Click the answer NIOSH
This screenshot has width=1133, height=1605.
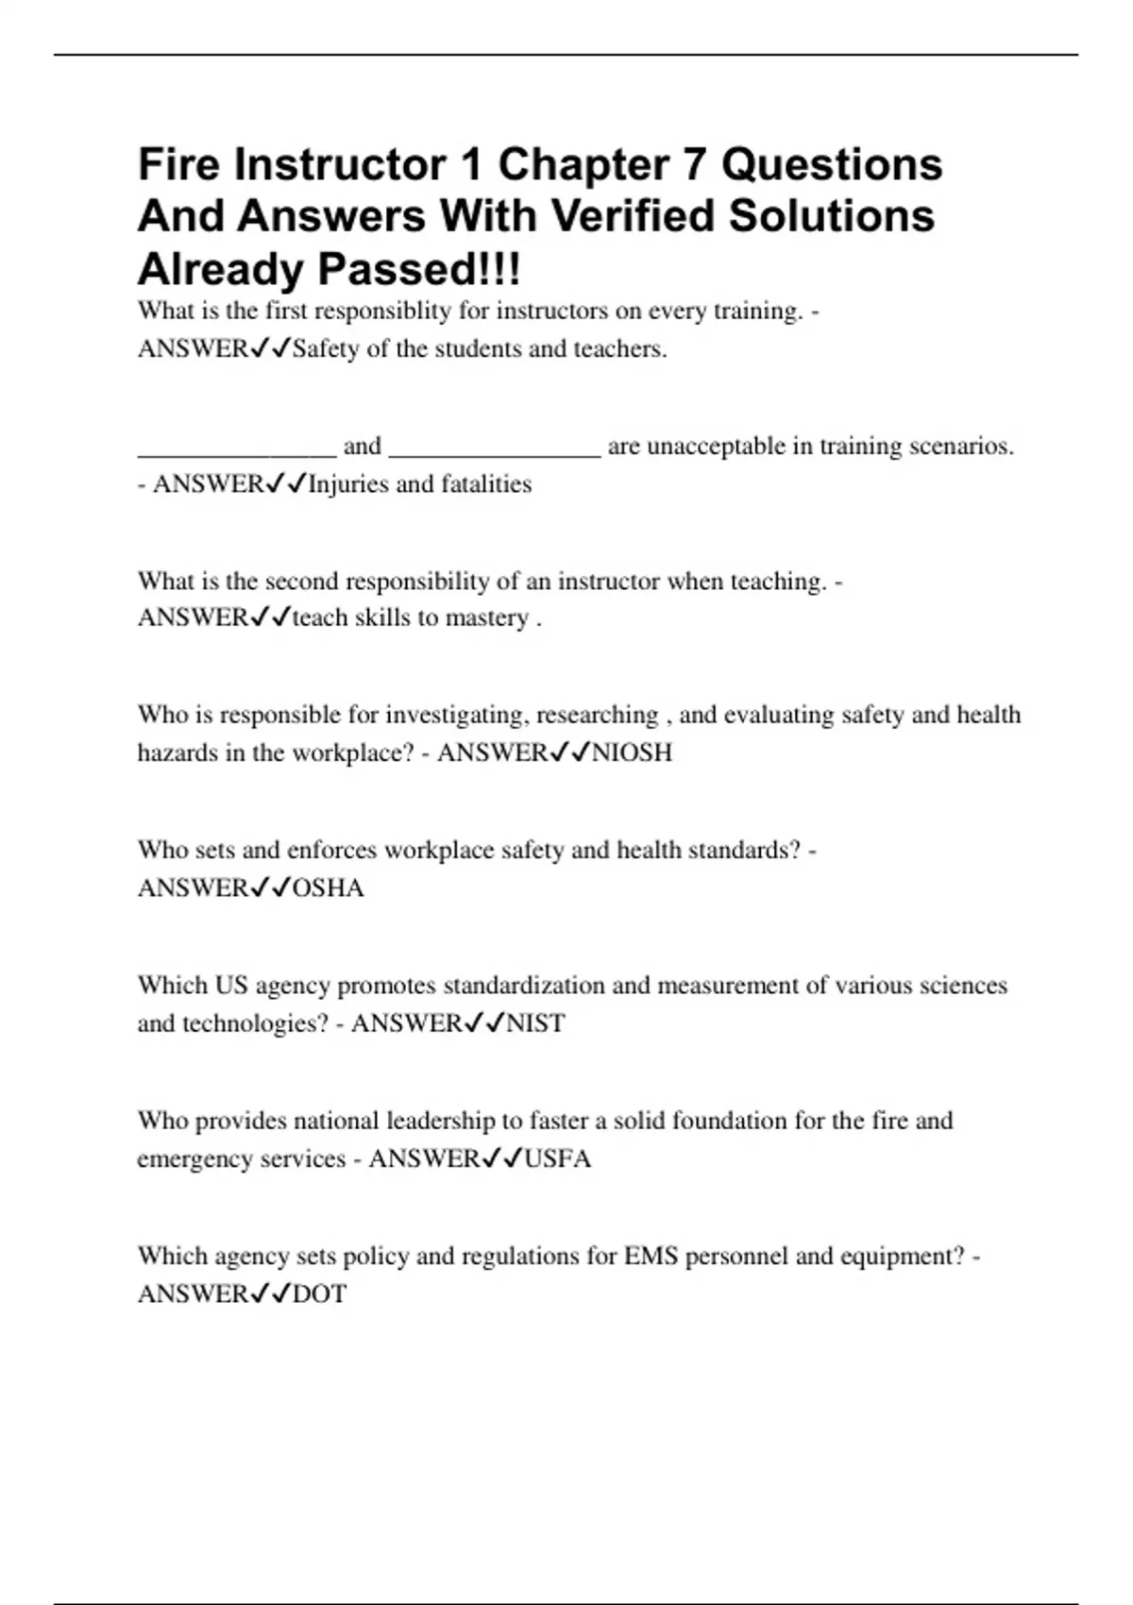pos(632,752)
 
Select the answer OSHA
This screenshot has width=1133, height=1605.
pos(328,888)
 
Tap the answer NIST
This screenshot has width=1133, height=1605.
pos(535,1023)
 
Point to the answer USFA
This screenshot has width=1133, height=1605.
pos(557,1158)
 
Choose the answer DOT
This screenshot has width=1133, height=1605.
pos(319,1293)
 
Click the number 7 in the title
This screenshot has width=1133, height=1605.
pos(694,164)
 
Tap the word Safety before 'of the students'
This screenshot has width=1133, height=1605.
pos(326,349)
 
